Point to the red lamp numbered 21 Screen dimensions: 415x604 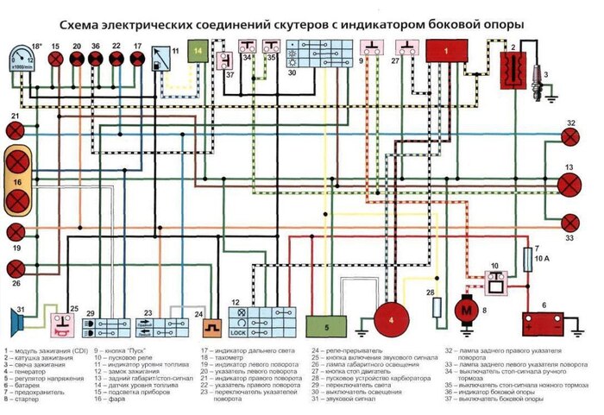click(x=16, y=130)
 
